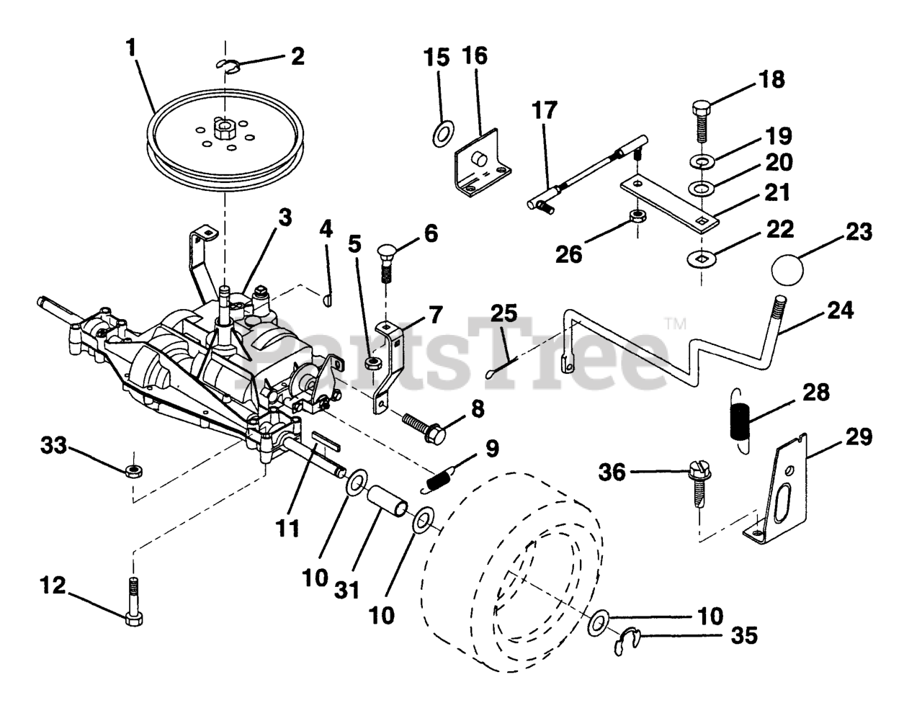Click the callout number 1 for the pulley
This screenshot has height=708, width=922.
[132, 48]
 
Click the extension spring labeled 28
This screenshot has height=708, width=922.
[740, 421]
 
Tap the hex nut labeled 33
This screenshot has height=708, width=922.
[134, 471]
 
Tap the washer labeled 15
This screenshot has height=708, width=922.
[444, 133]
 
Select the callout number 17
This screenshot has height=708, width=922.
[545, 109]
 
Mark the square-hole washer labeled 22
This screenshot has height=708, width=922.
[701, 259]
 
